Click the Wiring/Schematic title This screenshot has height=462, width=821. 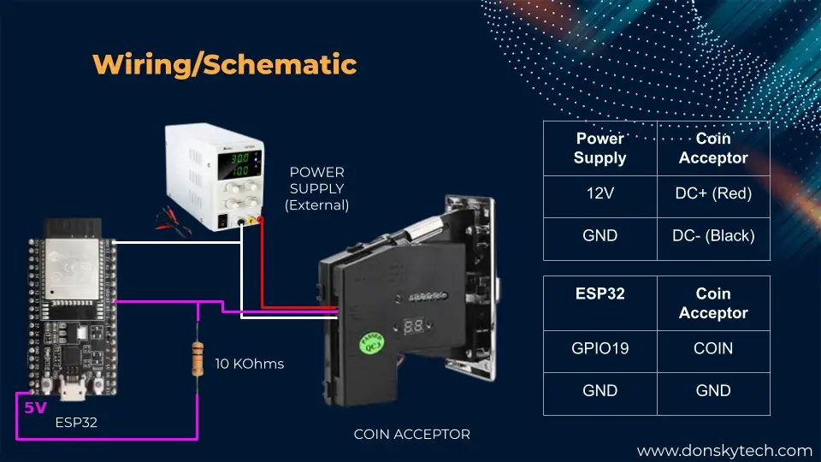coord(225,65)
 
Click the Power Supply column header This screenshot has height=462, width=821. coord(600,148)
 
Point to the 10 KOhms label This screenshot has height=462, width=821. coord(249,364)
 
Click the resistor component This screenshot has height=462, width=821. coord(198,358)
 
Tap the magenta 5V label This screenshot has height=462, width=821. coord(35,407)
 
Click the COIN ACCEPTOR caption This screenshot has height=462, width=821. coord(411,435)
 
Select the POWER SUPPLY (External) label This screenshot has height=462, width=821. coord(316,188)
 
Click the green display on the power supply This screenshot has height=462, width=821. coord(239,164)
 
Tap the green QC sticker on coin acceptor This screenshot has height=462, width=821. coord(372,343)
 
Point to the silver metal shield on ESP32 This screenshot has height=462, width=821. coord(72,269)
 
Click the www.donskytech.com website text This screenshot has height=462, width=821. coord(724,451)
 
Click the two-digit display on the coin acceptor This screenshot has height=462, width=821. coord(413,326)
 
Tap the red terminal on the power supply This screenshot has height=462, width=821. coord(260,221)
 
